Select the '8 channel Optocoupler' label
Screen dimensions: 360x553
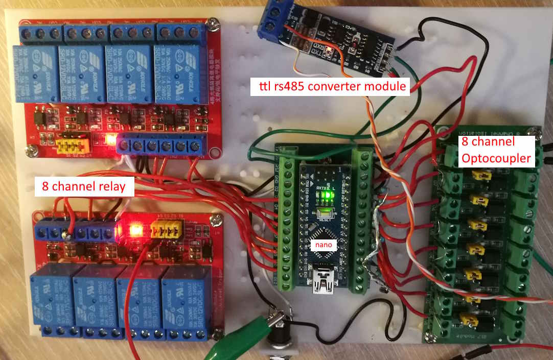click(496, 151)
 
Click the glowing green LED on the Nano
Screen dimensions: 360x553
click(322, 211)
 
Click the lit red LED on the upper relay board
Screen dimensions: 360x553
click(108, 138)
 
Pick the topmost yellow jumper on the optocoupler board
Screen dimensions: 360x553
click(478, 175)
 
